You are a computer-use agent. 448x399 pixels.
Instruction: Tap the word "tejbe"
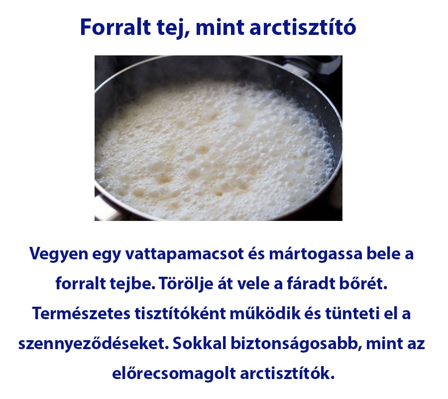(134, 284)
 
